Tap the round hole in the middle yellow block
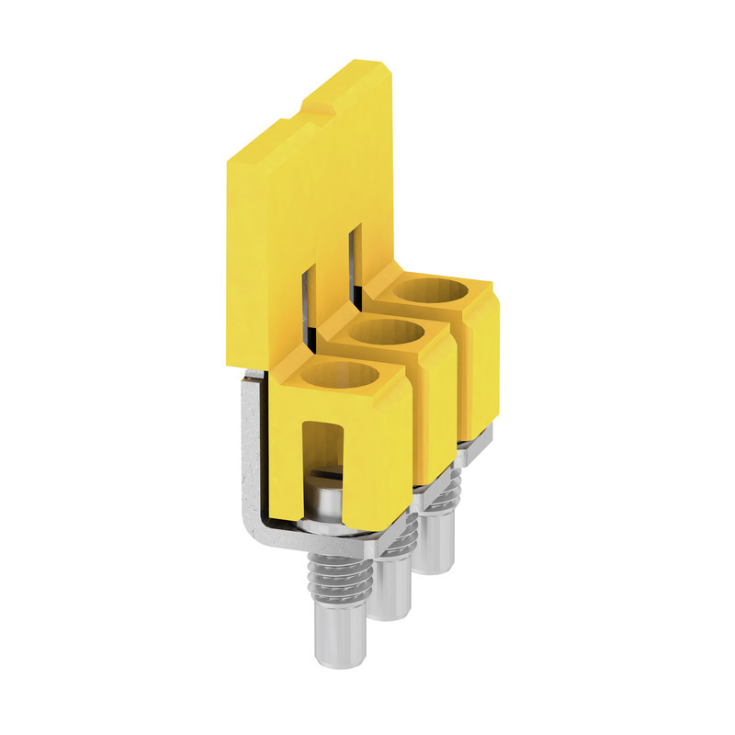click(x=383, y=333)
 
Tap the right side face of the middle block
click(x=441, y=404)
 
